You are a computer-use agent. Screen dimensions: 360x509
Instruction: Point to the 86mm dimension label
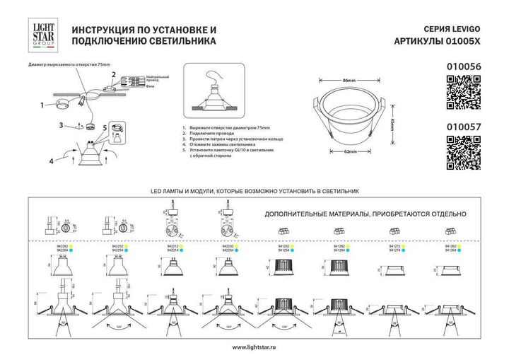(x=349, y=81)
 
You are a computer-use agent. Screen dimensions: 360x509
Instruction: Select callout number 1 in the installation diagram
(x=42, y=106)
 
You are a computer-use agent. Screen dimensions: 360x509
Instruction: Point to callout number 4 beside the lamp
(x=51, y=161)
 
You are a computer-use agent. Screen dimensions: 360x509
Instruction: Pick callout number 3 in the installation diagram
(x=62, y=125)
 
